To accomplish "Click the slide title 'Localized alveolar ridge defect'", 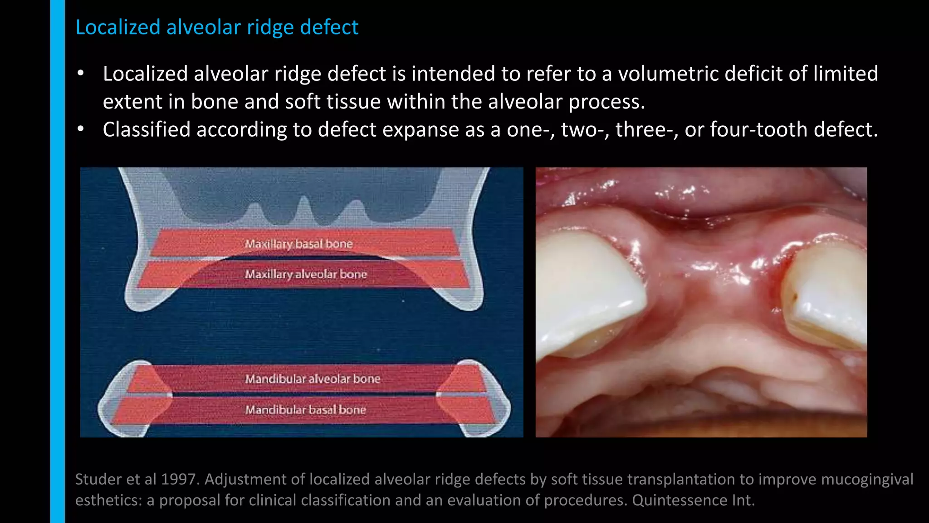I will pyautogui.click(x=217, y=27).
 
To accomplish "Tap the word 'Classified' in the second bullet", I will pyautogui.click(x=147, y=130).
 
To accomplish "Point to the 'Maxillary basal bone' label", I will pyautogui.click(x=299, y=244).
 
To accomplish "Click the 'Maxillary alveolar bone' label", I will pyautogui.click(x=306, y=274).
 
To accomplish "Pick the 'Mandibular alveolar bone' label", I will pyautogui.click(x=313, y=379).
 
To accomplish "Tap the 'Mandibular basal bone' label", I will pyautogui.click(x=306, y=410).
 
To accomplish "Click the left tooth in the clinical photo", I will pyautogui.click(x=590, y=291).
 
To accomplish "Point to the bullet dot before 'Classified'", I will pyautogui.click(x=81, y=130).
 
